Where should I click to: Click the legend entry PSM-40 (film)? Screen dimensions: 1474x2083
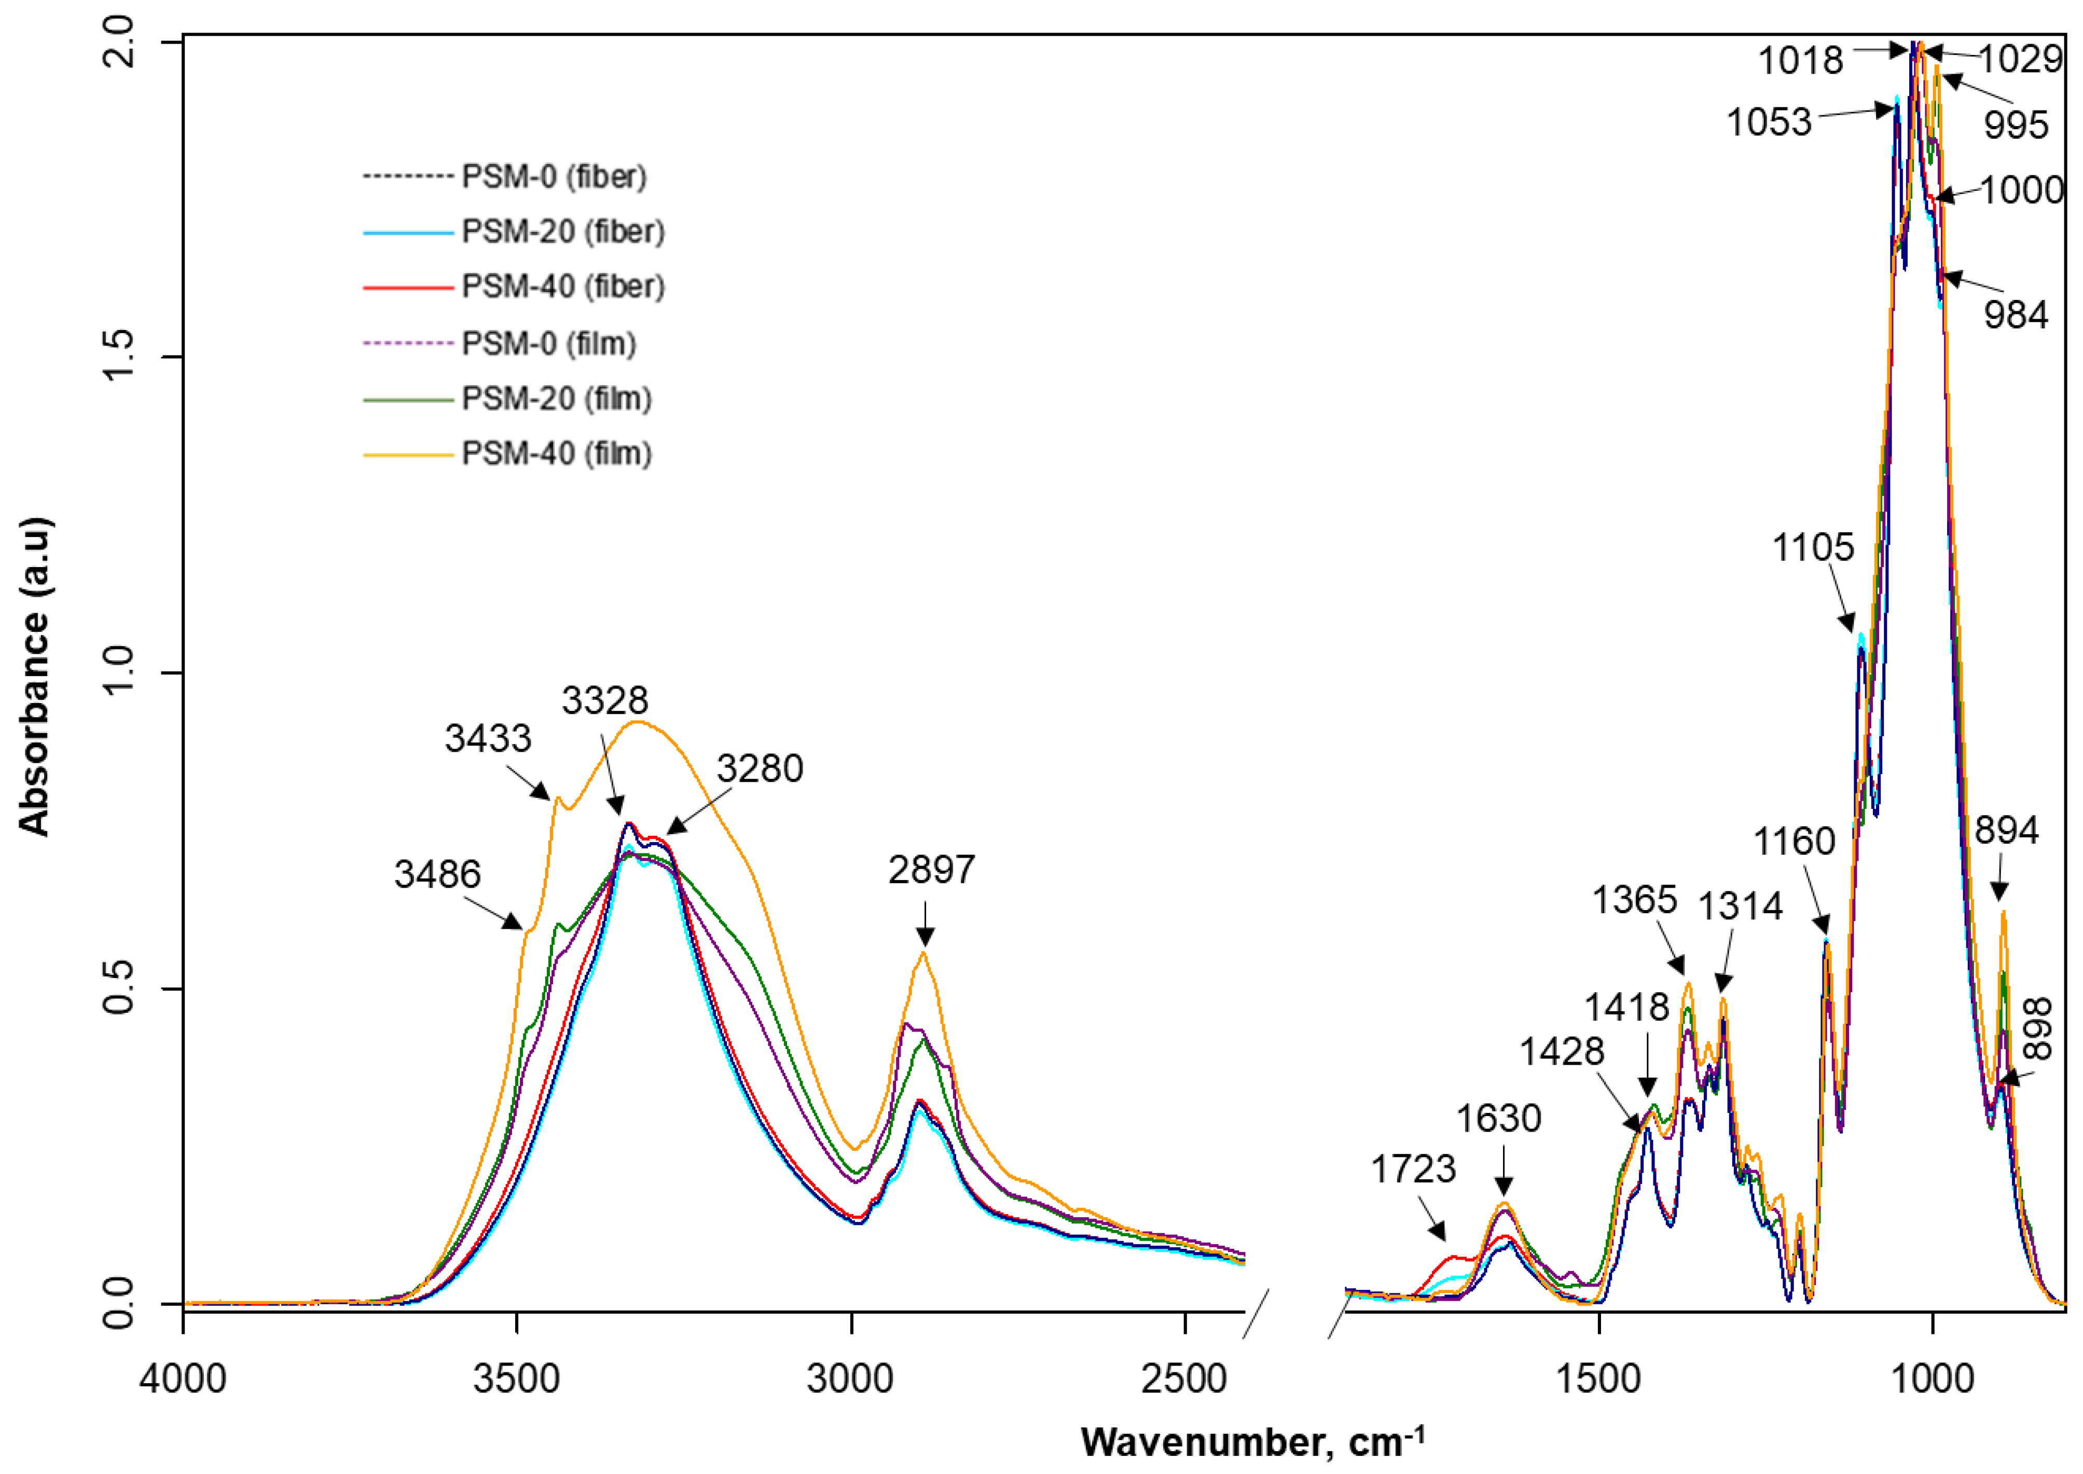coord(556,453)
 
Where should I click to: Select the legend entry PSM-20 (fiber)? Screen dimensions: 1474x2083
coord(563,231)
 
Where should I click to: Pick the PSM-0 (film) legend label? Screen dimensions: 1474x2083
coord(548,343)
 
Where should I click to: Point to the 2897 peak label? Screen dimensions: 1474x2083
coord(931,870)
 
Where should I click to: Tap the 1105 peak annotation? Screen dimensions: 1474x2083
coord(1813,547)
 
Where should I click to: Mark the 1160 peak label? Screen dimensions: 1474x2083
coord(1794,842)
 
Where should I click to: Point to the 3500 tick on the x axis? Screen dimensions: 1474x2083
coord(516,1379)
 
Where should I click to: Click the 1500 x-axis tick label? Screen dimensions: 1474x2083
coord(1599,1379)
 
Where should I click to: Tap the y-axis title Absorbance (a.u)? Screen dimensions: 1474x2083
coord(34,676)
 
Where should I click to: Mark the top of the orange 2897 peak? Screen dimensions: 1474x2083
coord(923,952)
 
